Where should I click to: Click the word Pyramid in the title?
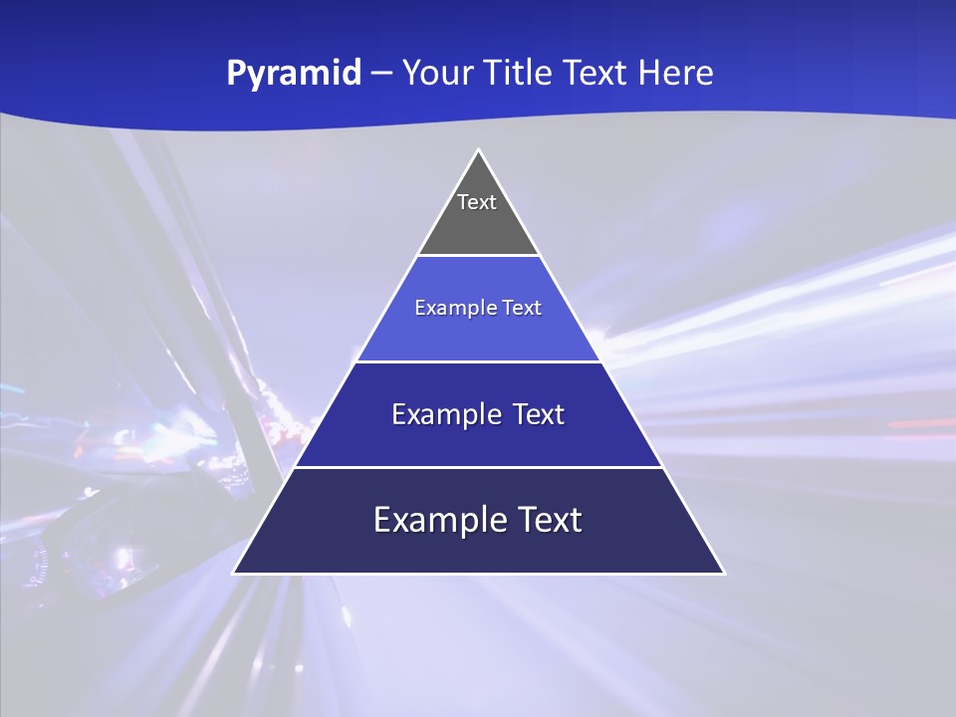click(294, 74)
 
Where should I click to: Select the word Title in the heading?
click(527, 73)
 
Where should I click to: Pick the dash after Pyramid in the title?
click(381, 74)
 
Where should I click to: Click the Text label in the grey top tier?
click(477, 202)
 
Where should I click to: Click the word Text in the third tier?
click(539, 414)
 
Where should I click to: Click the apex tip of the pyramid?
click(478, 150)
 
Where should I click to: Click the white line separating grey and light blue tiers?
click(478, 255)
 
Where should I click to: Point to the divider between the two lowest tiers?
click(478, 467)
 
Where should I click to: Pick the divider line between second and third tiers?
click(478, 361)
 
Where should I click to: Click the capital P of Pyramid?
click(236, 73)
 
